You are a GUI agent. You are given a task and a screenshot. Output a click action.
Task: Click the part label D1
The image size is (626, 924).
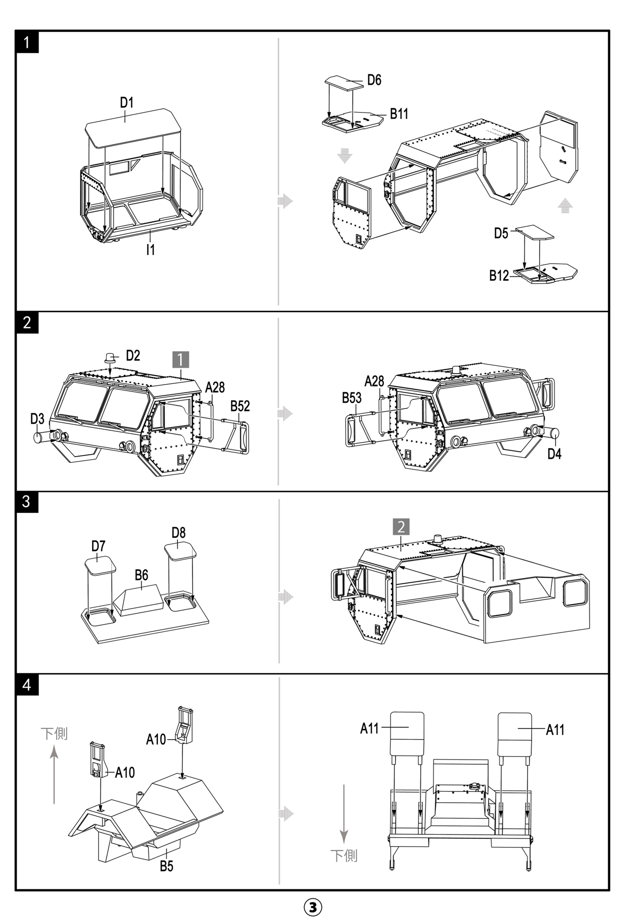127,103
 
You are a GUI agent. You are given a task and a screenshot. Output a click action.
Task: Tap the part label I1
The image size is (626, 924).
150,250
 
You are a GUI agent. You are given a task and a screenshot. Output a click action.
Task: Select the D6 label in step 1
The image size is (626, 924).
374,80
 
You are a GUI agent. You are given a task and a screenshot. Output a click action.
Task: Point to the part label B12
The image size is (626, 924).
499,276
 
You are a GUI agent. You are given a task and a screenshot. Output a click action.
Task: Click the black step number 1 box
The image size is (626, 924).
27,42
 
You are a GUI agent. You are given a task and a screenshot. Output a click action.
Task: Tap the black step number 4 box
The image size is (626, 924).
27,685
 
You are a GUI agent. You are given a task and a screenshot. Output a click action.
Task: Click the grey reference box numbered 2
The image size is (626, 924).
401,527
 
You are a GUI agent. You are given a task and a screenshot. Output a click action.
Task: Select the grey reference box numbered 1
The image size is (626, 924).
180,359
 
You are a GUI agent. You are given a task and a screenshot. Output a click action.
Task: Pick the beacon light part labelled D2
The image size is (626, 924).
110,358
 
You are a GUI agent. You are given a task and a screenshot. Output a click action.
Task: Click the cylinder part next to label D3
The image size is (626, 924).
40,437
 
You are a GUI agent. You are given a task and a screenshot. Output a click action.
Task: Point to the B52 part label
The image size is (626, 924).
240,406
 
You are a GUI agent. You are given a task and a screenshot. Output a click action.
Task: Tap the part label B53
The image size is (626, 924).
352,398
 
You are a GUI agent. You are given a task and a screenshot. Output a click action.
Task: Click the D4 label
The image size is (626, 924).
554,453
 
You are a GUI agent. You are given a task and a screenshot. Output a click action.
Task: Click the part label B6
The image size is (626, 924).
141,575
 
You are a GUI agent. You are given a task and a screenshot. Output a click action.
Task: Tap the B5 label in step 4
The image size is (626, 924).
166,866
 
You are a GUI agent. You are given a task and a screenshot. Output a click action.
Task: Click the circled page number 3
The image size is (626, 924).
313,907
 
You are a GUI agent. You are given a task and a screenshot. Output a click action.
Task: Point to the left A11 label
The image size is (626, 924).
369,728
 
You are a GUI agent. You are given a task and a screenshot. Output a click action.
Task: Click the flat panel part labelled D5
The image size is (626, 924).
535,232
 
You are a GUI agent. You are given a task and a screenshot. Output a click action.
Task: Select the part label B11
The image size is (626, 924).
399,114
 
